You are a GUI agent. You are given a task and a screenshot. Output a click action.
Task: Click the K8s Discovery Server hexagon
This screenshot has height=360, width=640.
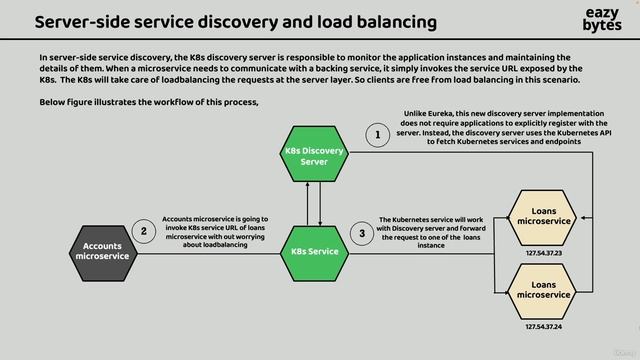(314, 156)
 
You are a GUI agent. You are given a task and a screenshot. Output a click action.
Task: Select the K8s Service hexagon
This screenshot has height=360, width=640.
(314, 251)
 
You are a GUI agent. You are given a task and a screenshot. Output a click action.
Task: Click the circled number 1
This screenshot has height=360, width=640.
(377, 134)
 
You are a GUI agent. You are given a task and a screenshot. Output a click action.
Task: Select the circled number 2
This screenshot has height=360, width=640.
(145, 232)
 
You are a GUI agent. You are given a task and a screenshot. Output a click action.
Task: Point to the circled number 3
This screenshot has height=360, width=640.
(362, 233)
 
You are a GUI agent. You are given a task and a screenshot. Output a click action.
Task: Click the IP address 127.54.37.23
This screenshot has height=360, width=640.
(545, 253)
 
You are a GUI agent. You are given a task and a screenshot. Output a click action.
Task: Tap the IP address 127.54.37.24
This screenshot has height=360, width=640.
(545, 327)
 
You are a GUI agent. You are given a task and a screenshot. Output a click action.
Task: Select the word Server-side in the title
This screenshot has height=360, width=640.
(86, 21)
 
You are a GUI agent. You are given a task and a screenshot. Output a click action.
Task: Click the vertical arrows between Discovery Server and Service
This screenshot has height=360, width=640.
(314, 204)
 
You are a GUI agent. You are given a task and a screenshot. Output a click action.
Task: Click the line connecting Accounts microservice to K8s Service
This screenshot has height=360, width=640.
(210, 252)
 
